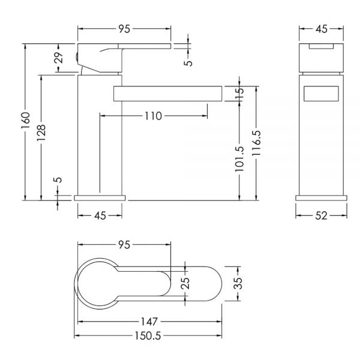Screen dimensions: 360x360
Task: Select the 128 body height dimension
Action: pyautogui.click(x=41, y=133)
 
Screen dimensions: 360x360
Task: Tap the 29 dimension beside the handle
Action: pyautogui.click(x=59, y=58)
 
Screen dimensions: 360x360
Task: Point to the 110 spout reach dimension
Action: pyautogui.click(x=153, y=116)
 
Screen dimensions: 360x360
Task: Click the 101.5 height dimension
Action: pyautogui.click(x=239, y=159)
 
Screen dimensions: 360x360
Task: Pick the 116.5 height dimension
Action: pyautogui.click(x=256, y=143)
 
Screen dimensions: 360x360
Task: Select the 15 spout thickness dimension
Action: pyautogui.click(x=239, y=93)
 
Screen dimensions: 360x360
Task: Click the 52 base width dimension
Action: pyautogui.click(x=321, y=216)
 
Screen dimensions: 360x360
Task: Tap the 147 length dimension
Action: pyautogui.click(x=149, y=322)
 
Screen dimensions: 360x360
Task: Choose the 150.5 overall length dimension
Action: pyautogui.click(x=148, y=336)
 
